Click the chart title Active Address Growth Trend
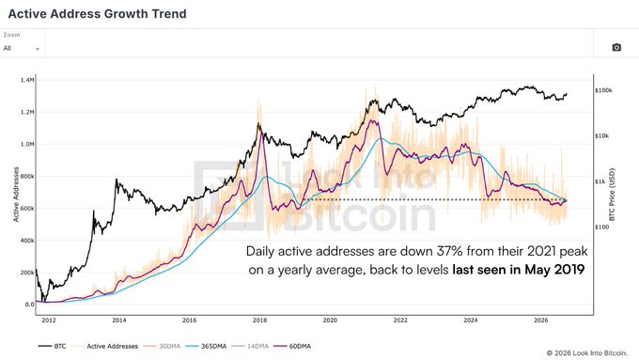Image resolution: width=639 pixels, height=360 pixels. tap(98, 13)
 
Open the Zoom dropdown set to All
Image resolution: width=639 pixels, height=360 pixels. tap(22, 48)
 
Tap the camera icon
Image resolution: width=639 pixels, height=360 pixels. tap(616, 47)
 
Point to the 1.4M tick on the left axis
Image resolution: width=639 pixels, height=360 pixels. tap(27, 80)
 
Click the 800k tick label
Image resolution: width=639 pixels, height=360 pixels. tap(27, 176)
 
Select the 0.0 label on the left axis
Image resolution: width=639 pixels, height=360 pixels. tap(30, 305)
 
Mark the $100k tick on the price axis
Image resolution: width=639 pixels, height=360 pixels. tap(603, 90)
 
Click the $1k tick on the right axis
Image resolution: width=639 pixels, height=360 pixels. tap(600, 181)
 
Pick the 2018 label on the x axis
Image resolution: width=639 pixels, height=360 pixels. tap(259, 320)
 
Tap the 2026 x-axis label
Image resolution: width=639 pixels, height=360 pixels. tap(540, 320)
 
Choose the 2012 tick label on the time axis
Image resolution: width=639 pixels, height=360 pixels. tap(49, 320)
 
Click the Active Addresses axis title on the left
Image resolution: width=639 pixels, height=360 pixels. tap(16, 195)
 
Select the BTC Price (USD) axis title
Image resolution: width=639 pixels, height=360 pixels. tap(612, 195)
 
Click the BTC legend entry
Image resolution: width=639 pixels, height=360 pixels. tap(53, 346)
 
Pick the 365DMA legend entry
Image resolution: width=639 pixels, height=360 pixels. tap(206, 346)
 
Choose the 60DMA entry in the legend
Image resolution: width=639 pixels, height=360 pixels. tap(292, 346)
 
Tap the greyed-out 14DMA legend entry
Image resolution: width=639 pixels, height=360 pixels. tap(250, 346)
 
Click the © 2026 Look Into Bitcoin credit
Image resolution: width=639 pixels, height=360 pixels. tap(586, 353)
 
